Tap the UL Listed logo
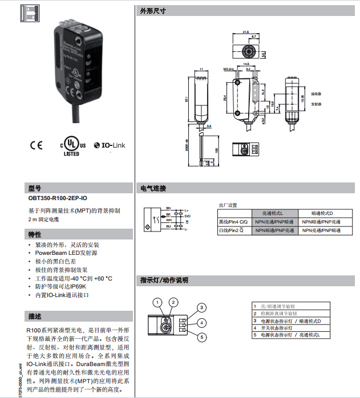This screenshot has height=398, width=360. [72, 145]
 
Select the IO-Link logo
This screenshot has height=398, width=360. [109, 145]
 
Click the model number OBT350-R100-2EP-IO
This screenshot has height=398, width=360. [58, 198]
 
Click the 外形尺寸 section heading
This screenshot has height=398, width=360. [153, 11]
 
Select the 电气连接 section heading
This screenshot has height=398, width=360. [153, 188]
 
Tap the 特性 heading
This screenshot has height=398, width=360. [35, 235]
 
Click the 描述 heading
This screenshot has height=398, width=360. [35, 316]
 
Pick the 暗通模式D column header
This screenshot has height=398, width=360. [321, 213]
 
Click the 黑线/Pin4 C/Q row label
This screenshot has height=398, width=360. [233, 221]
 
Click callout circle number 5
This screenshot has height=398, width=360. [201, 338]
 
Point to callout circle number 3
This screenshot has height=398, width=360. [201, 307]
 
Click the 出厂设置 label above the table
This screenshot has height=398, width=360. [228, 205]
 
